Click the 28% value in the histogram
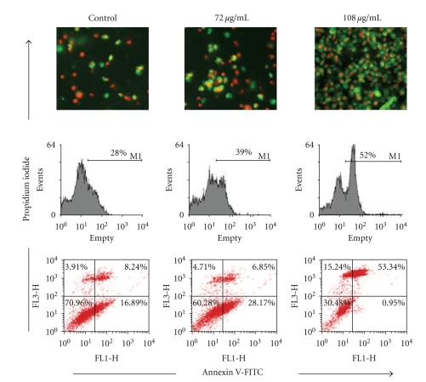(119, 156)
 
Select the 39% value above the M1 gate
(244, 156)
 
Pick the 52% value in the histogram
(370, 156)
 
